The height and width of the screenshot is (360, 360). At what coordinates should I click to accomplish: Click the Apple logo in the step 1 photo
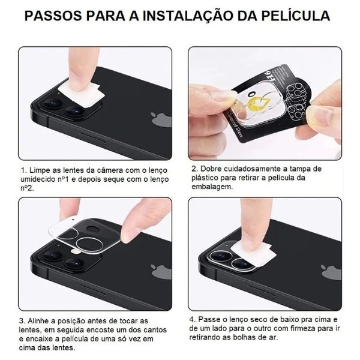click(161, 119)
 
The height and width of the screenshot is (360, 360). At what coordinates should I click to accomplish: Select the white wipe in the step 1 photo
click(81, 92)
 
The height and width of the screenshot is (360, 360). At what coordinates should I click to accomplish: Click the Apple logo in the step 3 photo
click(161, 272)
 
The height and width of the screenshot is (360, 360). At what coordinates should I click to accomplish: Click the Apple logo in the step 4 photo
click(331, 272)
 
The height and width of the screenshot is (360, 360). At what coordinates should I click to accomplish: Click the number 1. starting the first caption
click(23, 170)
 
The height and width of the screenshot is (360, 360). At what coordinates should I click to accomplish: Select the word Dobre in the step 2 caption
click(211, 169)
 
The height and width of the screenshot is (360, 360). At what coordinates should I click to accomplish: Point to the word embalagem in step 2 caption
click(212, 187)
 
